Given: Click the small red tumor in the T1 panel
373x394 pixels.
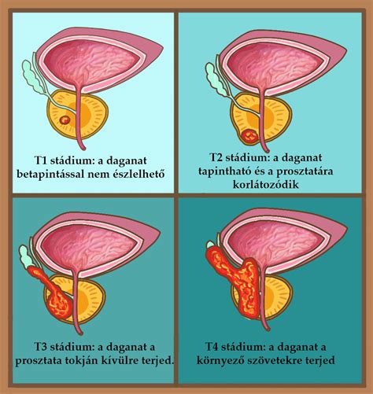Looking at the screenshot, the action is pos(65,120).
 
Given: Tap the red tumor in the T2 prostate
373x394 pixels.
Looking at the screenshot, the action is pos(250,136).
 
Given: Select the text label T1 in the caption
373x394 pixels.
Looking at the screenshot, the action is pos(40,160).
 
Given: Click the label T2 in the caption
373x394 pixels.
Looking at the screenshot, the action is pos(216,157).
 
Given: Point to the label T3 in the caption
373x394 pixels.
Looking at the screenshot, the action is pos(40,347).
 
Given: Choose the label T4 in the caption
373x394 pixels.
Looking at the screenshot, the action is pos(212,347).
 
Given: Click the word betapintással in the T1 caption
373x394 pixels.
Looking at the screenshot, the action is pos(50,174).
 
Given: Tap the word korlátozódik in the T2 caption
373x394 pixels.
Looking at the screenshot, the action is pos(266,185).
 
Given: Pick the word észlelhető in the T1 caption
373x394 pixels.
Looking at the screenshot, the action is pos(138,174).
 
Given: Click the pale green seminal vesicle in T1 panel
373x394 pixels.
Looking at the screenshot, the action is pos(33,76).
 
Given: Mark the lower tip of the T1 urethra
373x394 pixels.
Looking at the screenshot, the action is pos(83,150).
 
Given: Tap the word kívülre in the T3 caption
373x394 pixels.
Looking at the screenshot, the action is pos(124,360).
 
